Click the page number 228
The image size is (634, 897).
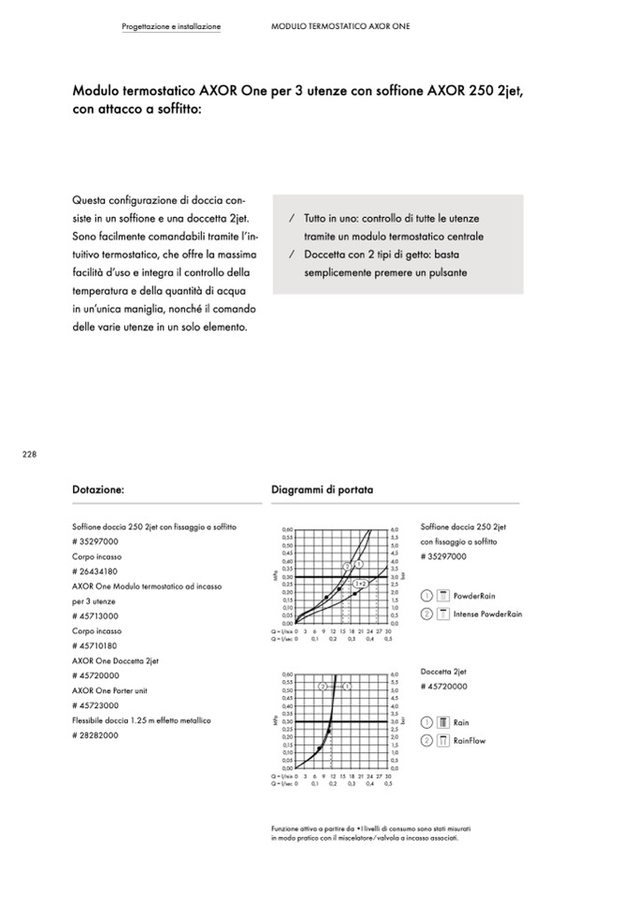click(x=28, y=455)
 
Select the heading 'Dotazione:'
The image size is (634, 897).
click(x=98, y=488)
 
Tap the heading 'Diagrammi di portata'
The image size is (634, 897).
click(x=322, y=488)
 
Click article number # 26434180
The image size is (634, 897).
click(x=94, y=571)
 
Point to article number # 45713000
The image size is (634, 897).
click(x=94, y=616)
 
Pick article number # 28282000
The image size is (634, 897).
click(x=94, y=736)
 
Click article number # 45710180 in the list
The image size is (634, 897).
click(x=94, y=646)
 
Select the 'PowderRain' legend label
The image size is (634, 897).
click(x=474, y=596)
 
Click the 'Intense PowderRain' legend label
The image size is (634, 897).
click(x=487, y=615)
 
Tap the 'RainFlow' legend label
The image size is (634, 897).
click(x=470, y=741)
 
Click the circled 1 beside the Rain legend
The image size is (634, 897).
click(x=426, y=723)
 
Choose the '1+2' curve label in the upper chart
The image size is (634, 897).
click(x=360, y=584)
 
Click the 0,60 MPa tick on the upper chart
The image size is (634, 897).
click(x=287, y=529)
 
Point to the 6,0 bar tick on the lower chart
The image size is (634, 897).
click(x=396, y=674)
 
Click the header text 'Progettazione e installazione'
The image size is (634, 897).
click(x=171, y=26)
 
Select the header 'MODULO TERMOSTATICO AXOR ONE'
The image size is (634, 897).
click(x=340, y=26)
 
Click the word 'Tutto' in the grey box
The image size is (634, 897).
click(x=317, y=218)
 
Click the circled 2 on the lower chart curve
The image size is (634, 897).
click(x=323, y=686)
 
